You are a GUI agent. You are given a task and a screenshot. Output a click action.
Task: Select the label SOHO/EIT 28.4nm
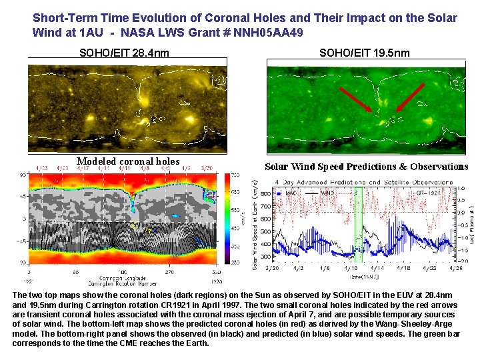pos(124,53)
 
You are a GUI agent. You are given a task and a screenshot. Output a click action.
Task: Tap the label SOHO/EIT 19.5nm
pos(364,53)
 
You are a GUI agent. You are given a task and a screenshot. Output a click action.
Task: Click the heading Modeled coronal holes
pos(128,161)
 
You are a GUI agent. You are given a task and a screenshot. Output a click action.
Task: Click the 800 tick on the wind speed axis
pos(266,194)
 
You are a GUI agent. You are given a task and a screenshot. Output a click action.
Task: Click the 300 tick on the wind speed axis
pos(266,256)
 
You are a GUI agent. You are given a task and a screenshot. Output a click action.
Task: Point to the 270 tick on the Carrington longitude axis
pos(170,272)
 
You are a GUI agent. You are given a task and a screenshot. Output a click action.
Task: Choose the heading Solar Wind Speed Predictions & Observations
pos(367,167)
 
